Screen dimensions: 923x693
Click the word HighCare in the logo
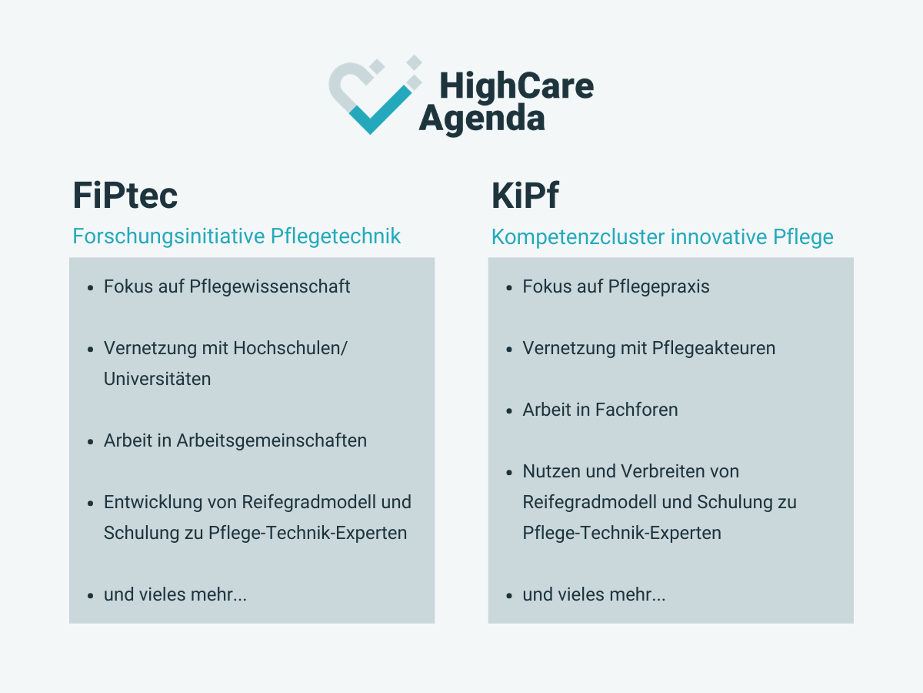coord(516,86)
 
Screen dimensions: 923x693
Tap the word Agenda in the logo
coord(482,119)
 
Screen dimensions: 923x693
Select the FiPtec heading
coord(125,196)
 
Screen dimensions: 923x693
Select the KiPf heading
coord(525,196)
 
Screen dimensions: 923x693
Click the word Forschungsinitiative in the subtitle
coord(168,236)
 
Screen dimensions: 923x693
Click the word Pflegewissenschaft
coord(269,287)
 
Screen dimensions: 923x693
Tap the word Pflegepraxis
coord(658,287)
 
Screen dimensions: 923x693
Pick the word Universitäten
coord(157,379)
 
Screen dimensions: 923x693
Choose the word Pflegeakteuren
coord(715,348)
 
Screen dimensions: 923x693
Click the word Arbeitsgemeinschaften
coord(272,441)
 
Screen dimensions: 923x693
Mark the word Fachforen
coord(636,410)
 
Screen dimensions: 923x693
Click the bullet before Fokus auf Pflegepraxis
coord(509,288)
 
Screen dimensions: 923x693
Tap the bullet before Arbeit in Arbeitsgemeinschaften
coord(91,442)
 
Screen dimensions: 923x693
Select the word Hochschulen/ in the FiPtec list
coord(290,348)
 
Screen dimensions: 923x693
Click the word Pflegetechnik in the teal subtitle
coord(335,236)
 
